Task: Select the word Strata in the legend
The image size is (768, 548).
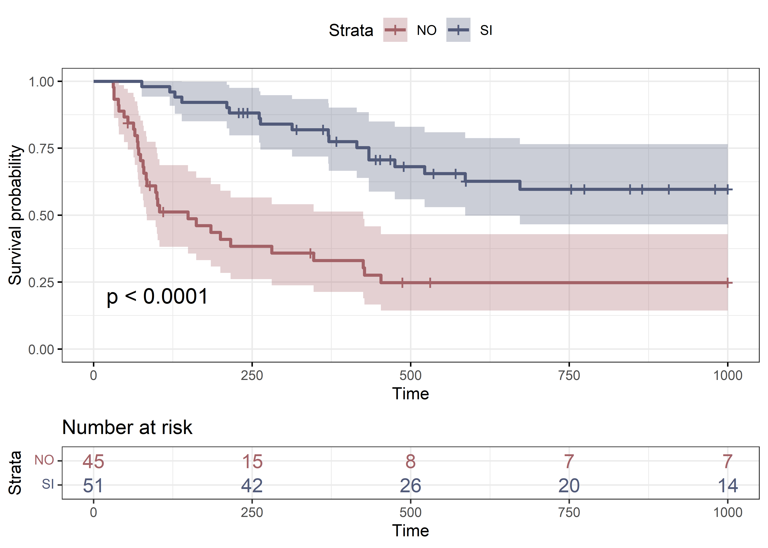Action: pos(351,30)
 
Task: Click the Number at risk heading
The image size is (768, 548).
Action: pos(127,428)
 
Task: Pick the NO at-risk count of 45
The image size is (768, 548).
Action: pos(94,461)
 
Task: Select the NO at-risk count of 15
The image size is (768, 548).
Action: pos(252,461)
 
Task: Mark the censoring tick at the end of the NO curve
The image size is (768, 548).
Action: pos(728,283)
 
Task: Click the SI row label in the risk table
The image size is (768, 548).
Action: pos(48,485)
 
